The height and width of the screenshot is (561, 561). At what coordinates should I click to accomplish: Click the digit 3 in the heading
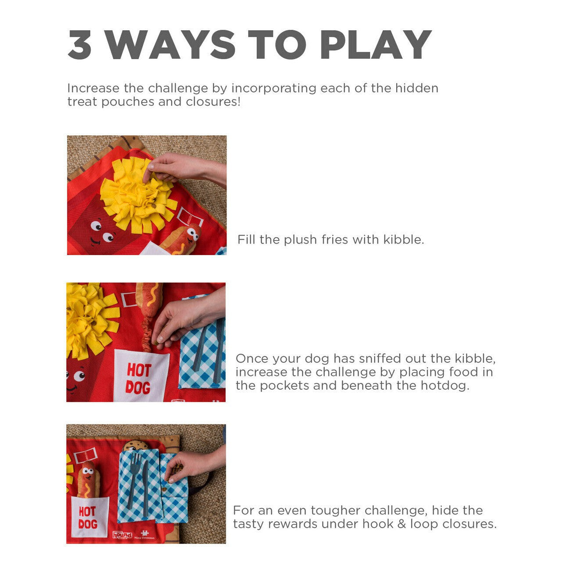click(x=80, y=45)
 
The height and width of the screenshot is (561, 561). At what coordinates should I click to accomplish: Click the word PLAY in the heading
click(x=376, y=45)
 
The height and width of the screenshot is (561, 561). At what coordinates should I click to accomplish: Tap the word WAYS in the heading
click(x=170, y=45)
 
